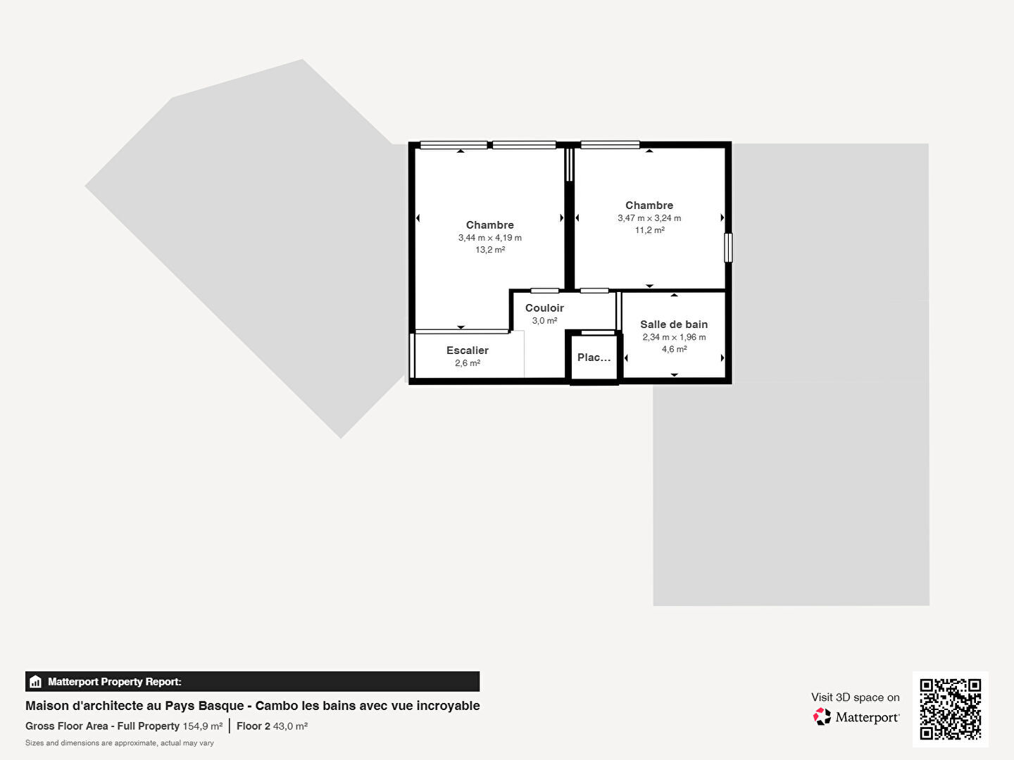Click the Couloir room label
pyautogui.click(x=544, y=308)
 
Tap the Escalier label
pyautogui.click(x=468, y=350)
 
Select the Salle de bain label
pyautogui.click(x=674, y=324)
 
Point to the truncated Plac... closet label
pyautogui.click(x=594, y=357)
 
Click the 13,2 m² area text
pyautogui.click(x=490, y=250)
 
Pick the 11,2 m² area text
pyautogui.click(x=649, y=230)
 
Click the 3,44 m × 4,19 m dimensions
pyautogui.click(x=490, y=238)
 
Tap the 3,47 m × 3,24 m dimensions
pyautogui.click(x=649, y=218)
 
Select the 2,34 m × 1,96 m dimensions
pyautogui.click(x=674, y=337)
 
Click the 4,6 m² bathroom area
pyautogui.click(x=674, y=349)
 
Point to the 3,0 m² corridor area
pyautogui.click(x=544, y=320)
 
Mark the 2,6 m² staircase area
pyautogui.click(x=468, y=362)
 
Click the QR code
pyautogui.click(x=950, y=709)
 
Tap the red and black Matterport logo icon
pyautogui.click(x=822, y=716)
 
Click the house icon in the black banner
pyautogui.click(x=36, y=682)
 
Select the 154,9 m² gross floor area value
pyautogui.click(x=203, y=726)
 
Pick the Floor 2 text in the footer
pyautogui.click(x=254, y=726)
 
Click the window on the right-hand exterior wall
pyautogui.click(x=728, y=248)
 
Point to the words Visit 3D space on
pyautogui.click(x=855, y=697)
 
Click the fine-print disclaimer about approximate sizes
pyautogui.click(x=120, y=743)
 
